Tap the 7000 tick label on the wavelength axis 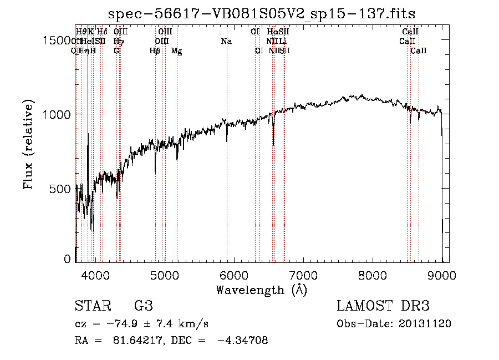303,274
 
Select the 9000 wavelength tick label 442,274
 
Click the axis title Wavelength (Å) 261,290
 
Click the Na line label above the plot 226,41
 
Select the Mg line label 176,51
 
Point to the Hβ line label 155,51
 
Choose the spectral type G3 143,306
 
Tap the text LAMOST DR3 383,306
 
